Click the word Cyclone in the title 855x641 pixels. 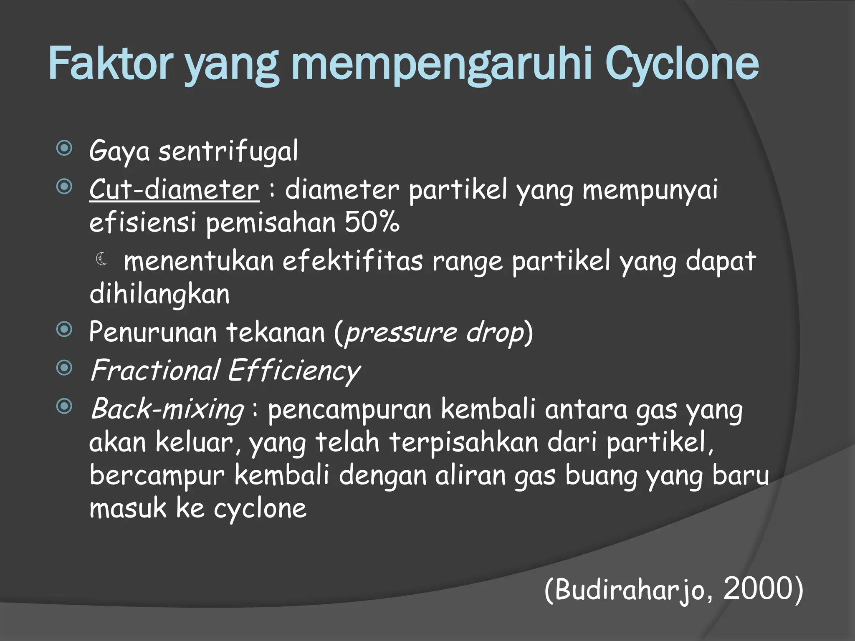pos(681,64)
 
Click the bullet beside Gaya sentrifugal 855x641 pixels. pos(64,148)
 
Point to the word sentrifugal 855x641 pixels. pos(228,151)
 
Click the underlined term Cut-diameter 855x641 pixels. pos(174,189)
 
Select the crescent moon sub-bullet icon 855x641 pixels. pos(101,259)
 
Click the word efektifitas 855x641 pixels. pos(353,261)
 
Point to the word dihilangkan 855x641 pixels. pos(159,294)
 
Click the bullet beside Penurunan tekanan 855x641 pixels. pos(64,330)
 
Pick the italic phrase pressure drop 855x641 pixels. pos(434,333)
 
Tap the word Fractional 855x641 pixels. pos(155,370)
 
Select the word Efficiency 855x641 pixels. pos(294,371)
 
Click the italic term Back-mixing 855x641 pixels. pos(167,409)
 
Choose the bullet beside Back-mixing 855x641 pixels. pos(64,406)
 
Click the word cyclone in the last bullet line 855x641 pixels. pos(260,509)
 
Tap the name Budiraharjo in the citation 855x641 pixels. pos(630,589)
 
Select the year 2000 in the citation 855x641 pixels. pos(758,588)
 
